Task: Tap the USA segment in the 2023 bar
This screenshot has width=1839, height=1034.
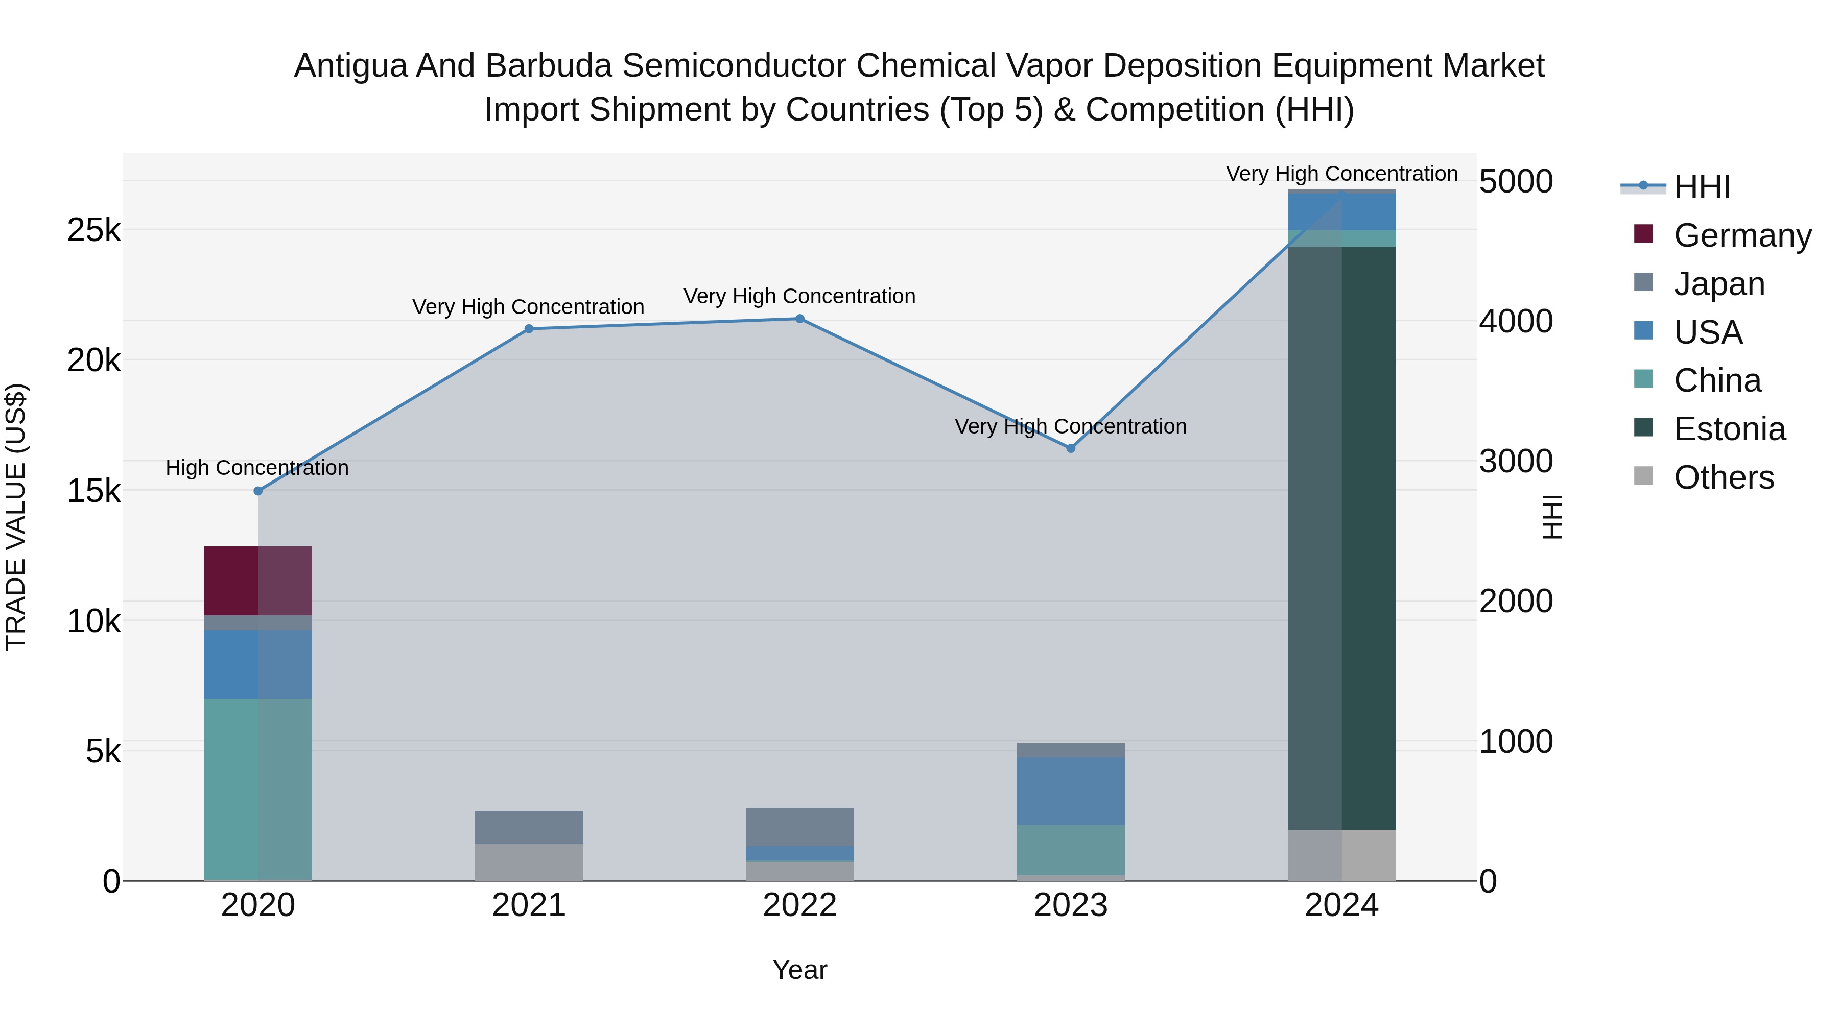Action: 1070,790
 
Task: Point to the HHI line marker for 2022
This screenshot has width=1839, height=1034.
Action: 799,319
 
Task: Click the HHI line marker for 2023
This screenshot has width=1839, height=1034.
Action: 1070,448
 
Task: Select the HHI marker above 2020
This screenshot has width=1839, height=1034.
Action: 258,491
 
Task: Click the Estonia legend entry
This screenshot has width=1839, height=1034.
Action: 1729,429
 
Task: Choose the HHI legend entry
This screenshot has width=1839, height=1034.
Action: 1702,187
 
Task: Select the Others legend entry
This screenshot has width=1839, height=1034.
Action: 1724,477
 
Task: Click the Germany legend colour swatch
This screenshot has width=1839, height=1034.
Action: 1643,234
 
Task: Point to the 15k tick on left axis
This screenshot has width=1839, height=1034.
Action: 93,491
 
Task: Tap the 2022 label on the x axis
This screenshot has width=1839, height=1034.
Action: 799,905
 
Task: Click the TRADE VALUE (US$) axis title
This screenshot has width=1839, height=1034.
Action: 16,517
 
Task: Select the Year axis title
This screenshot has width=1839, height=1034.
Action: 799,970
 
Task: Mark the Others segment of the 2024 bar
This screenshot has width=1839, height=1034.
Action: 1341,854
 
